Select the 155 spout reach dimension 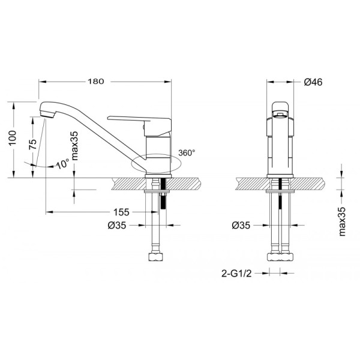121,212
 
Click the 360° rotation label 187,153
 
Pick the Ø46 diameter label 314,82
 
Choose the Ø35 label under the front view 241,226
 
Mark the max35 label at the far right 342,221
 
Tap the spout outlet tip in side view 46,112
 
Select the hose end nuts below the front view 280,257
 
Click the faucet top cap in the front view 280,109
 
